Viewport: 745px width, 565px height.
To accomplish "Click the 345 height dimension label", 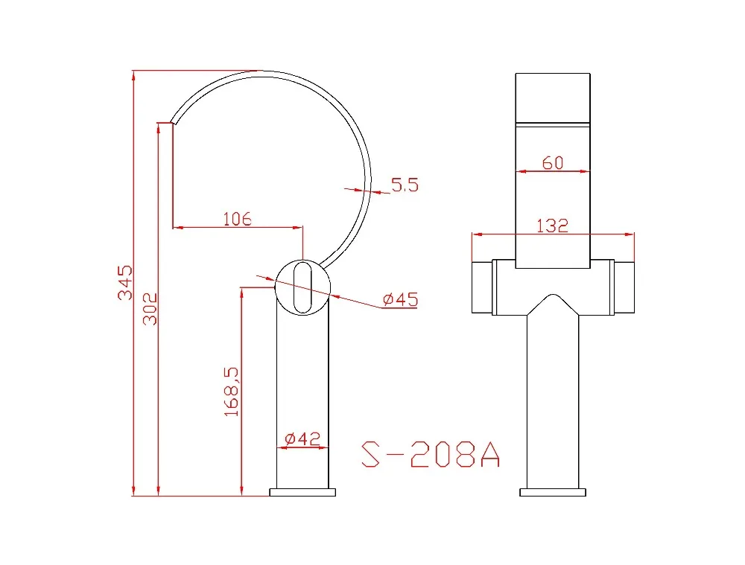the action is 125,283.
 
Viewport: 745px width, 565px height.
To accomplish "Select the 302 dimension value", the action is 150,309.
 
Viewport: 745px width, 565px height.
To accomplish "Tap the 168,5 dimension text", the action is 232,392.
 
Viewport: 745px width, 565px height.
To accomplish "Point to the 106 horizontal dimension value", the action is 237,219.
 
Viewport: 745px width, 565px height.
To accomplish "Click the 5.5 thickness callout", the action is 405,185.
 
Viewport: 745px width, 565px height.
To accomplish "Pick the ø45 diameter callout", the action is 401,299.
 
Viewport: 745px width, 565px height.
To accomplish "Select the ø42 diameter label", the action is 302,438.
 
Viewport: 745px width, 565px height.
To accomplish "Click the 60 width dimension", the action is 553,163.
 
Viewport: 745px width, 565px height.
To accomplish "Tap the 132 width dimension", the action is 552,226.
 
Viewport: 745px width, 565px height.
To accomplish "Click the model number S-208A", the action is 431,454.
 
